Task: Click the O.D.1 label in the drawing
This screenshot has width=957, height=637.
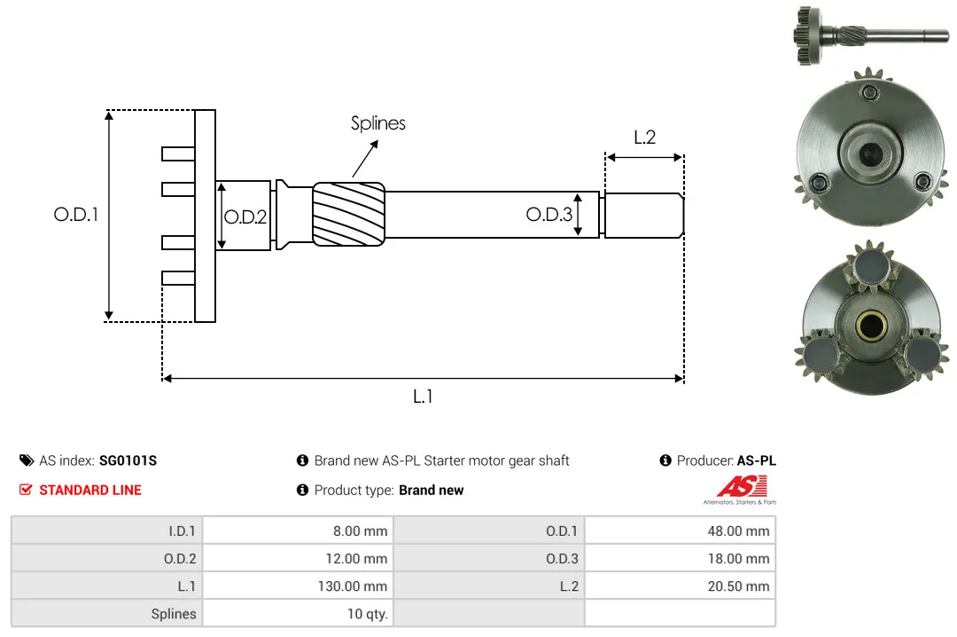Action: [x=75, y=215]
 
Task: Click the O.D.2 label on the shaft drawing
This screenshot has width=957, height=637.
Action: [x=245, y=217]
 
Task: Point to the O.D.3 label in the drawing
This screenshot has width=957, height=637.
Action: [x=549, y=214]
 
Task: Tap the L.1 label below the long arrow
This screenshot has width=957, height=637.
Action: [x=423, y=397]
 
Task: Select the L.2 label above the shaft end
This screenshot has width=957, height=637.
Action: [x=644, y=137]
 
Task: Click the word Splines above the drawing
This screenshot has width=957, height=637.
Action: [x=377, y=123]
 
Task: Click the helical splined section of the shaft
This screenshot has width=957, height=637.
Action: [x=348, y=214]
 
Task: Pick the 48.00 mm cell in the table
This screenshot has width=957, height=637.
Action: [x=738, y=531]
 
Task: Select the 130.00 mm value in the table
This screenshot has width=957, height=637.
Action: [x=352, y=586]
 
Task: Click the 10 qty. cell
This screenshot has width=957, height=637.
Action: [x=368, y=614]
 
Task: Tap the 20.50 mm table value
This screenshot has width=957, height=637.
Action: [x=738, y=586]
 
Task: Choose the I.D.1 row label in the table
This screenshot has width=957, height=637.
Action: [x=182, y=531]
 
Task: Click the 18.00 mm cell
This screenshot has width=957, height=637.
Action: [x=738, y=559]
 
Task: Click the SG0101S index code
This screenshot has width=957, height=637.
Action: [x=128, y=460]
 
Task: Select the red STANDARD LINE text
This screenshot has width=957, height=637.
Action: [x=90, y=491]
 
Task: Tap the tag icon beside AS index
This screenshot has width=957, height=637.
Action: [x=27, y=460]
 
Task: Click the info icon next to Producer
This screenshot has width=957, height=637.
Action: [x=665, y=460]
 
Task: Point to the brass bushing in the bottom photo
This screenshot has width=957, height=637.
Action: [x=871, y=325]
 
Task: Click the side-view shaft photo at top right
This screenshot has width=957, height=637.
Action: [x=871, y=35]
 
